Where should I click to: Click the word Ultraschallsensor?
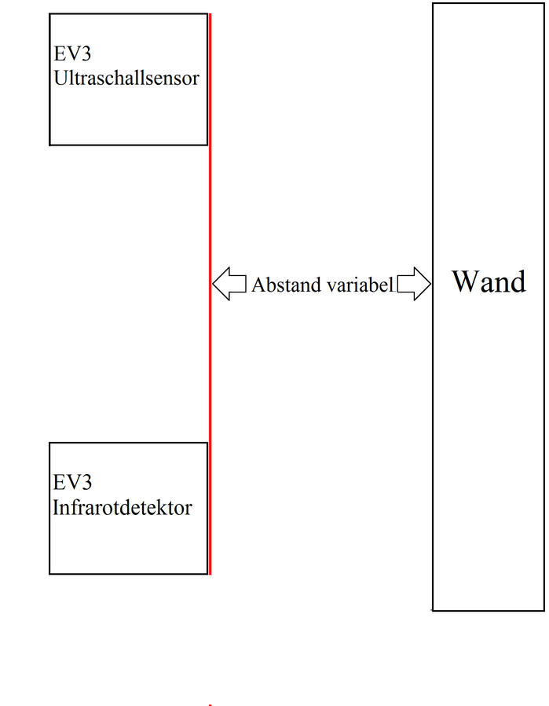coord(126,79)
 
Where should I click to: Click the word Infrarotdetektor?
coord(122,508)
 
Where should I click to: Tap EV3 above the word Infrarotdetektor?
coord(72,483)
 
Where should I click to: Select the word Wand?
coord(488,281)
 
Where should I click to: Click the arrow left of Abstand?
coord(229,284)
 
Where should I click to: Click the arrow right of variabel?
coord(414,284)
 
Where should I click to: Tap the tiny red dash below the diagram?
coord(210,705)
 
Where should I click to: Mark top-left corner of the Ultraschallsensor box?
coord(49,14)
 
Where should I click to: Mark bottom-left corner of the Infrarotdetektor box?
coord(49,574)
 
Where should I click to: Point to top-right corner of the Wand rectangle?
coord(544,3)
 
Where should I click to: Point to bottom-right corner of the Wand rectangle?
coord(544,610)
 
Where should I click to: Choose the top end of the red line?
coord(210,14)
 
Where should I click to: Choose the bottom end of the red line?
coord(210,575)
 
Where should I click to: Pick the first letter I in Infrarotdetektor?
coord(56,508)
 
